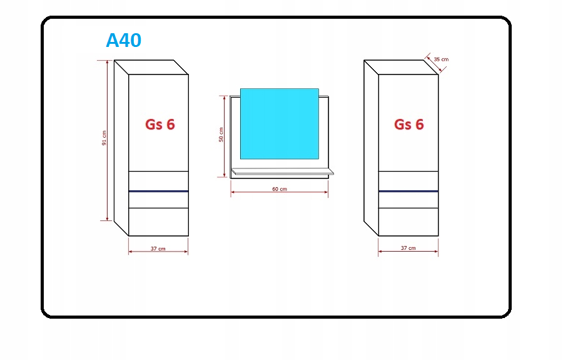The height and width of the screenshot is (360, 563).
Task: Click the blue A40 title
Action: tap(123, 41)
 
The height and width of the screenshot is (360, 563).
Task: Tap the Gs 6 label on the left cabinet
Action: tap(160, 125)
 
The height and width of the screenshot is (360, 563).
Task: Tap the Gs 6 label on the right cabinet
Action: tap(408, 125)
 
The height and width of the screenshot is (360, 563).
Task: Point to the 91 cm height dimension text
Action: tap(104, 138)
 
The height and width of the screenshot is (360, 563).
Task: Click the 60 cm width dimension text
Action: tap(279, 189)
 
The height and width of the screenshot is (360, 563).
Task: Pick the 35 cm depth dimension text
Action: tap(441, 59)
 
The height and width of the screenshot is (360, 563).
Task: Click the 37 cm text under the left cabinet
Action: tap(158, 249)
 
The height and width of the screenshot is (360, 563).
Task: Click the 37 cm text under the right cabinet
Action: tap(408, 249)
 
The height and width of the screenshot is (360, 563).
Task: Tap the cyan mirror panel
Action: tap(279, 123)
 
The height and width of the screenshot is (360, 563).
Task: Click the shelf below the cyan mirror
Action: tap(281, 172)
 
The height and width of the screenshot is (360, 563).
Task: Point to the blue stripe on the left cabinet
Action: tap(158, 191)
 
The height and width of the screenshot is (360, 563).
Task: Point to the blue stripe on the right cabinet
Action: tap(408, 191)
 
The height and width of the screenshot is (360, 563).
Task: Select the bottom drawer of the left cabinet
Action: tap(158, 222)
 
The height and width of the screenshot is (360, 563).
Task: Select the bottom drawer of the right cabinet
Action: tap(408, 222)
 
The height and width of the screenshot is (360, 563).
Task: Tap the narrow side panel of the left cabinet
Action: tap(121, 147)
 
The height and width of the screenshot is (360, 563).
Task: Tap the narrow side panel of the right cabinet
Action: tap(371, 147)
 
